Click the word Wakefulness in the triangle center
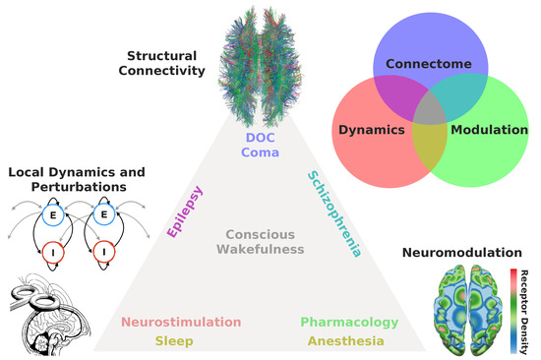pos(265,250)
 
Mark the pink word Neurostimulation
pos(180,323)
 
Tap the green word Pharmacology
pos(348,323)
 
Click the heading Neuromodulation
pos(469,253)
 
